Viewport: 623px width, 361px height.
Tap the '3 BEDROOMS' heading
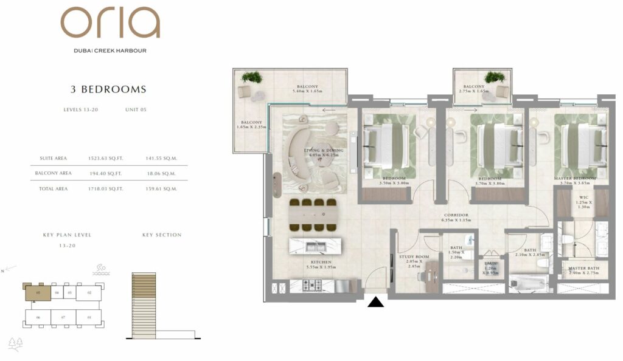pyautogui.click(x=109, y=89)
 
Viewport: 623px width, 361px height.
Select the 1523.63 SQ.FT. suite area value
pyautogui.click(x=106, y=158)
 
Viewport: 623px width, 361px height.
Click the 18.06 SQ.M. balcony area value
pyautogui.click(x=161, y=173)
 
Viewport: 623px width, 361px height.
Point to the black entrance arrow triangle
pyautogui.click(x=377, y=301)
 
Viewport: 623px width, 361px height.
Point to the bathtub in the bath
pyautogui.click(x=528, y=284)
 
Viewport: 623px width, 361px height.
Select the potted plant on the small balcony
pyautogui.click(x=494, y=78)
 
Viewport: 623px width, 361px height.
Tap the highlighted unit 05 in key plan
pyautogui.click(x=38, y=292)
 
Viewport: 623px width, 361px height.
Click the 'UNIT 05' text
pyautogui.click(x=136, y=110)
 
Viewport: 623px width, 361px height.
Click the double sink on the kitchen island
pyautogui.click(x=316, y=247)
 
